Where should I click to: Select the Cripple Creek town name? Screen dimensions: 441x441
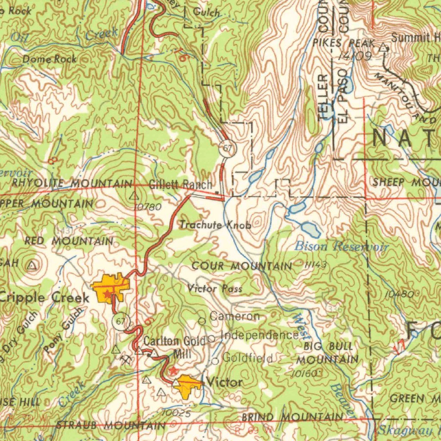click(x=44, y=297)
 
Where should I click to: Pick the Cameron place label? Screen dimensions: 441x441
click(x=235, y=317)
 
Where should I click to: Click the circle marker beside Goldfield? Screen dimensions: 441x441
click(x=215, y=361)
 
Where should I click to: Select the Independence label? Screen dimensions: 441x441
click(x=259, y=335)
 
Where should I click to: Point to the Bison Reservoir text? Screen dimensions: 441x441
click(x=342, y=247)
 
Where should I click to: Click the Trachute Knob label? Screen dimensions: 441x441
click(x=215, y=225)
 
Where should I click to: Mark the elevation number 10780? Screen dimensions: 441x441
click(x=148, y=207)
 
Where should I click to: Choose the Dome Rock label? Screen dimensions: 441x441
click(x=50, y=59)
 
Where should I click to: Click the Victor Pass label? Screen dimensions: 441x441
click(x=214, y=289)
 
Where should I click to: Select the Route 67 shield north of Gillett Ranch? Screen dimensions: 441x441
click(x=227, y=149)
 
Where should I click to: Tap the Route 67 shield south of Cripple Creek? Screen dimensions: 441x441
click(x=121, y=321)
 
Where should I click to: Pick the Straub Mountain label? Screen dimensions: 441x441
click(x=111, y=425)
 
